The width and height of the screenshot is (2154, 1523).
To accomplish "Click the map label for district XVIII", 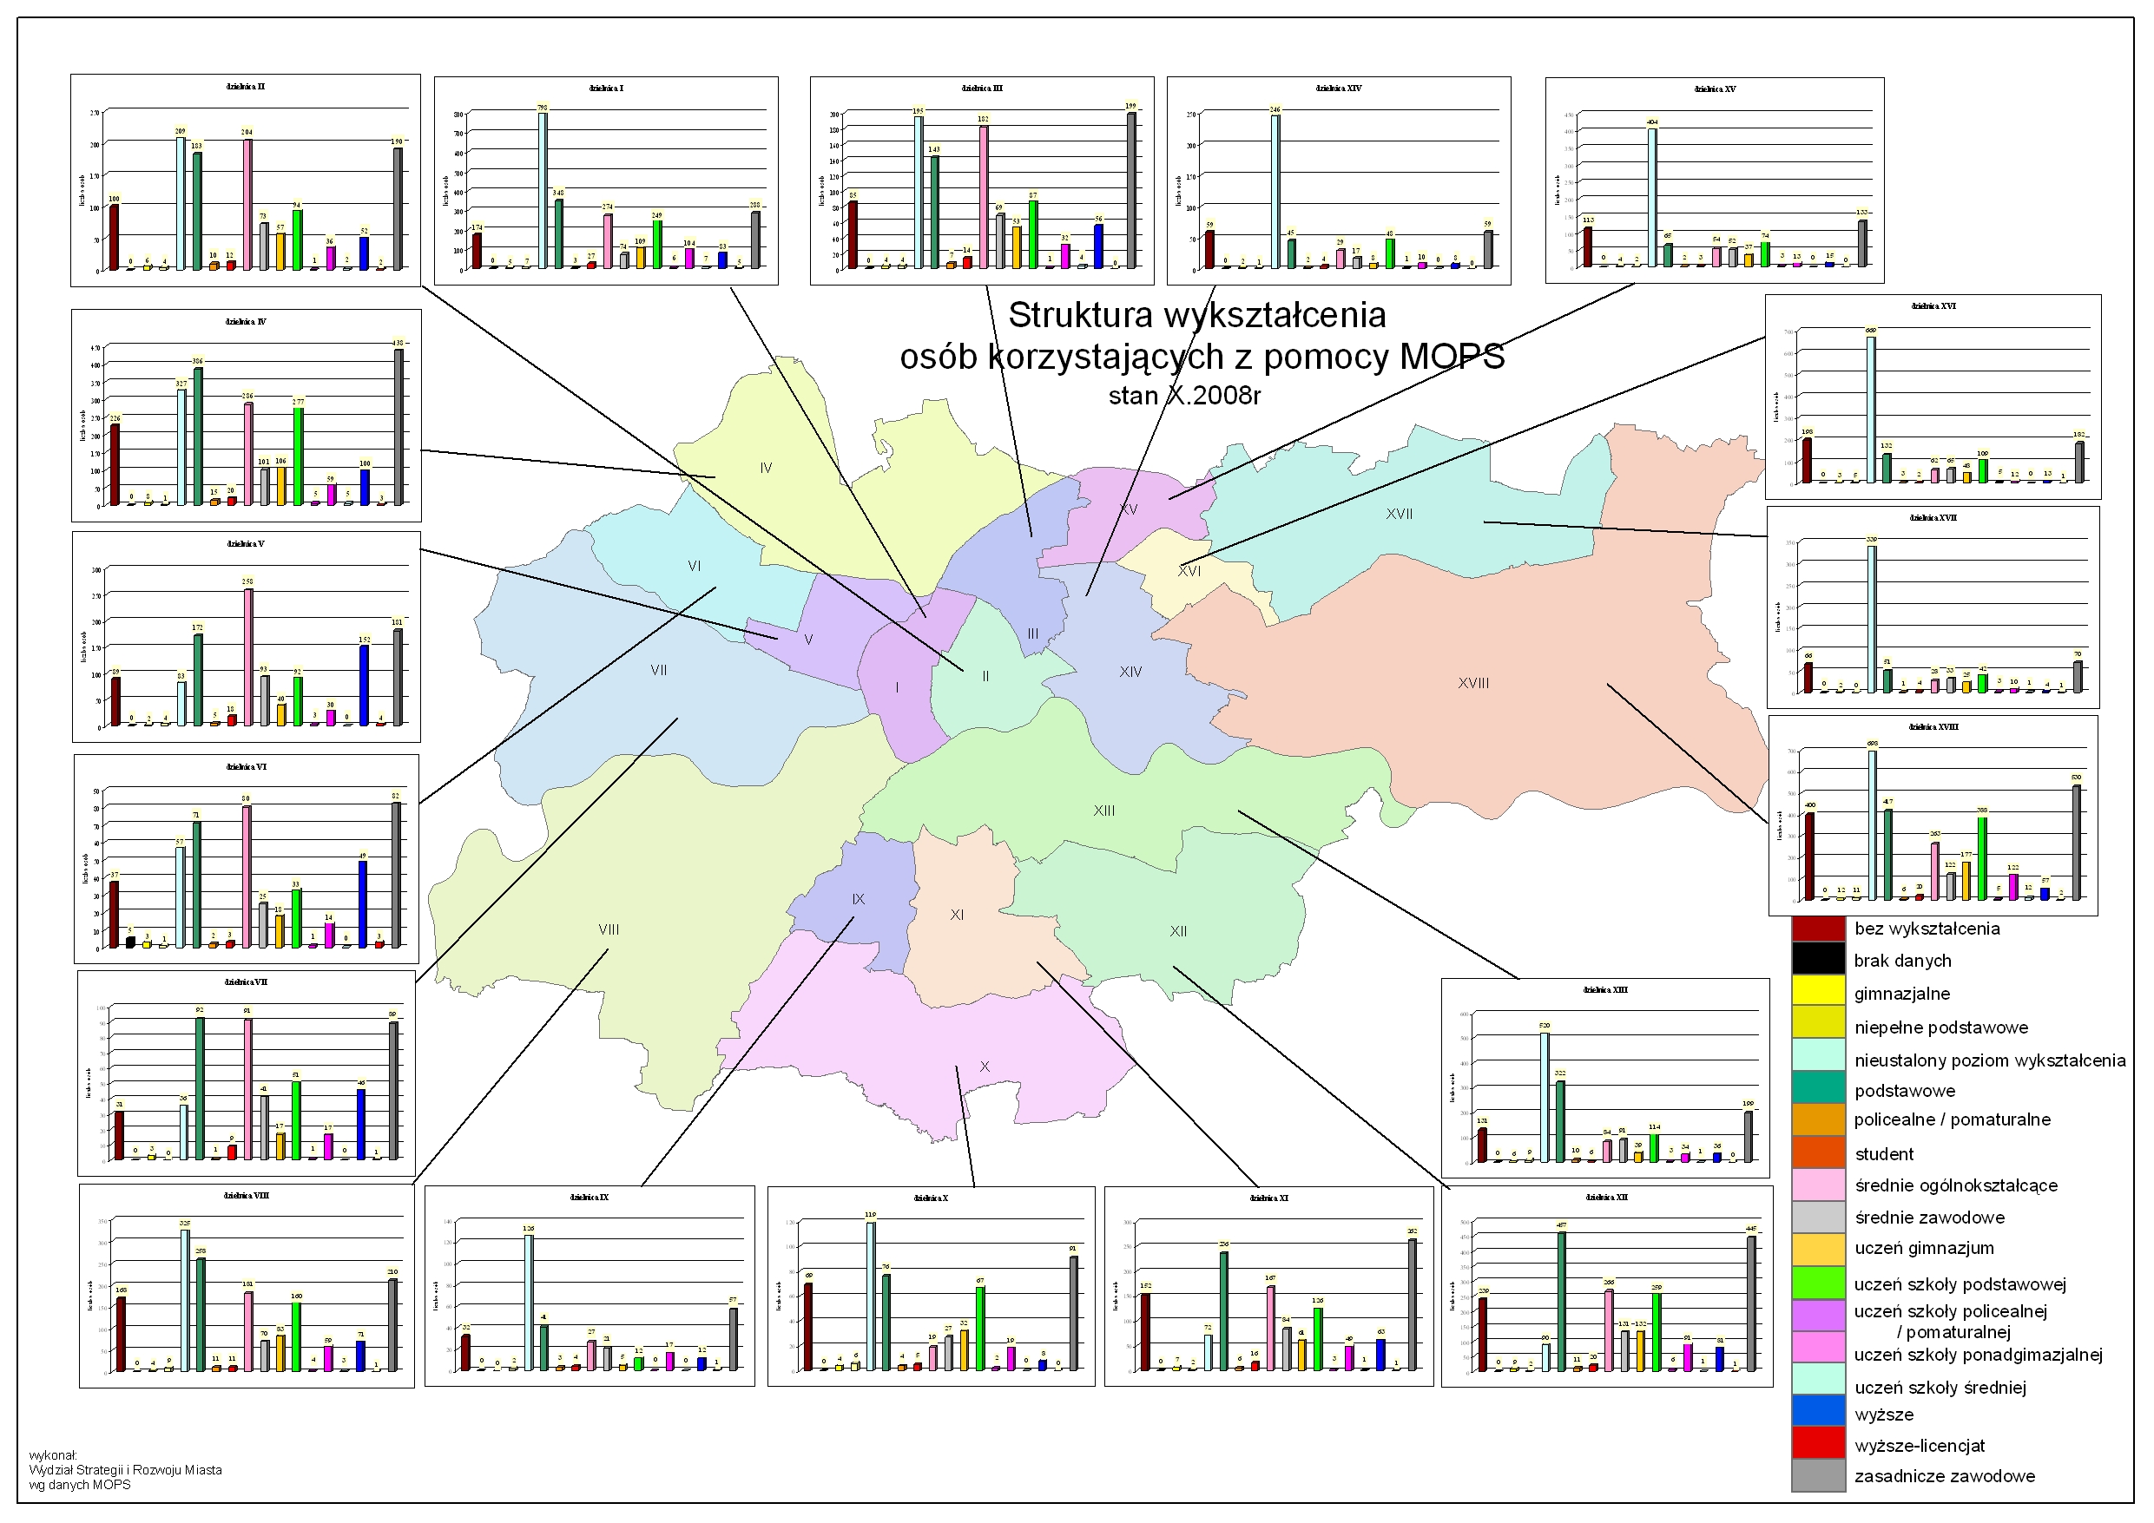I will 1473,684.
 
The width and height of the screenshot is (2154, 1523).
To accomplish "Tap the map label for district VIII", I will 608,929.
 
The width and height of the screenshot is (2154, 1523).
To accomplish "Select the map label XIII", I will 1103,811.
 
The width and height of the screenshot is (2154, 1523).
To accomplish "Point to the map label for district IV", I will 766,468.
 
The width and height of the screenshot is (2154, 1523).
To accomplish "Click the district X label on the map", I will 985,1067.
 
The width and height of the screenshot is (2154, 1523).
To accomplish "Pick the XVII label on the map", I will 1399,514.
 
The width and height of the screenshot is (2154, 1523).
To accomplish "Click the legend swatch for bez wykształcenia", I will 1818,929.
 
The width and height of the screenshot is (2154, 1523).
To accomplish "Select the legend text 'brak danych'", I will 1902,962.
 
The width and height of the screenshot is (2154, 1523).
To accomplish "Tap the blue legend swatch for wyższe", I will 1818,1415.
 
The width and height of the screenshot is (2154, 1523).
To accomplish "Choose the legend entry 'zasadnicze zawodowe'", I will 1944,1477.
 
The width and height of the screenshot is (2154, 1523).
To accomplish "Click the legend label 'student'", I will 1884,1154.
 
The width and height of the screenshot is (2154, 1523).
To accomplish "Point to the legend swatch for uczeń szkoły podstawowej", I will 1818,1283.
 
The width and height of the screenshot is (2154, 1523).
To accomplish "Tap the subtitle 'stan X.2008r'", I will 1184,396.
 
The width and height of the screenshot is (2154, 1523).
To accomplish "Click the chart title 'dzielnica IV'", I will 246,322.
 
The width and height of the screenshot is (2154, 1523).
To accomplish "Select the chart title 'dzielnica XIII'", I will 1605,990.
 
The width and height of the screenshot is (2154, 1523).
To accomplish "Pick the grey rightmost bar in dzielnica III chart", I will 1131,190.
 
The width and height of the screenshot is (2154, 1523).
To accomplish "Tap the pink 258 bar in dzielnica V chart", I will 248,656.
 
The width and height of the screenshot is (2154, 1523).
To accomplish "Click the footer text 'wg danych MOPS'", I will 80,1485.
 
